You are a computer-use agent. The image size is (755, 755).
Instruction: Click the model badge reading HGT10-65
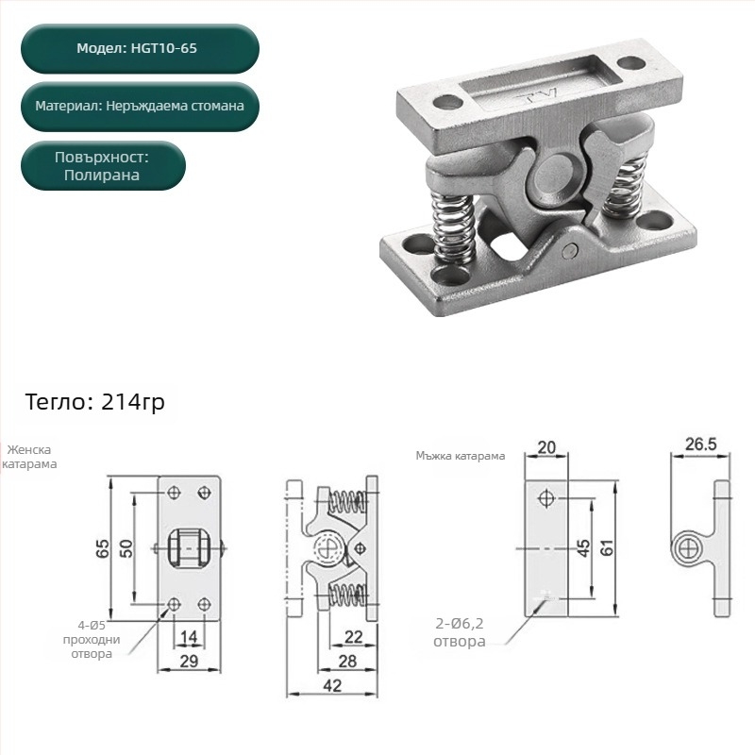(140, 49)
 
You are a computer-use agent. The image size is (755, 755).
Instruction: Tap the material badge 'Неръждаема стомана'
(140, 107)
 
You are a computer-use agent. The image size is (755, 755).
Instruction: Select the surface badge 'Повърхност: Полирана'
(103, 166)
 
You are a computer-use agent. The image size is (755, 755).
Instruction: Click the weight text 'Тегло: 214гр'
(95, 402)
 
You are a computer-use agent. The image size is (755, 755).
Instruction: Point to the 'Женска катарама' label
(29, 457)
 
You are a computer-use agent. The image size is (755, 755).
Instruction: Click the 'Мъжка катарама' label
(461, 456)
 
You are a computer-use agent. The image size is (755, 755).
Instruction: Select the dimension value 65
(103, 548)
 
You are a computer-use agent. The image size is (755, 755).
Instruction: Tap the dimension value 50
(126, 548)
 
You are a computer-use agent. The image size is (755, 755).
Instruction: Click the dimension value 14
(189, 637)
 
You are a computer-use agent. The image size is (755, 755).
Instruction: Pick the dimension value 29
(189, 662)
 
